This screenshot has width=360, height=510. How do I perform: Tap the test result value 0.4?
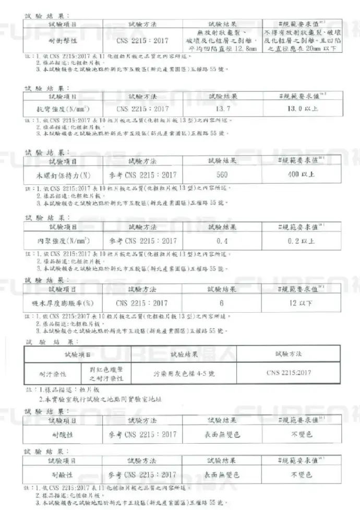(222, 241)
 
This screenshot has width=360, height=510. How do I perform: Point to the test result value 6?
(222, 303)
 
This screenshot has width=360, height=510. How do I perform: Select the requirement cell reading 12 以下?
(302, 303)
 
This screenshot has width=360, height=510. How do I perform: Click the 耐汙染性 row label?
(52, 374)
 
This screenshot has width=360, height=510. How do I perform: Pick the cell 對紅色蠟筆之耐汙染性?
(105, 374)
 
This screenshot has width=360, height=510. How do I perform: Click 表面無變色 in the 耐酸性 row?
(222, 434)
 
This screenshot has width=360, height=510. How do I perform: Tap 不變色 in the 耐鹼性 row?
(302, 475)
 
